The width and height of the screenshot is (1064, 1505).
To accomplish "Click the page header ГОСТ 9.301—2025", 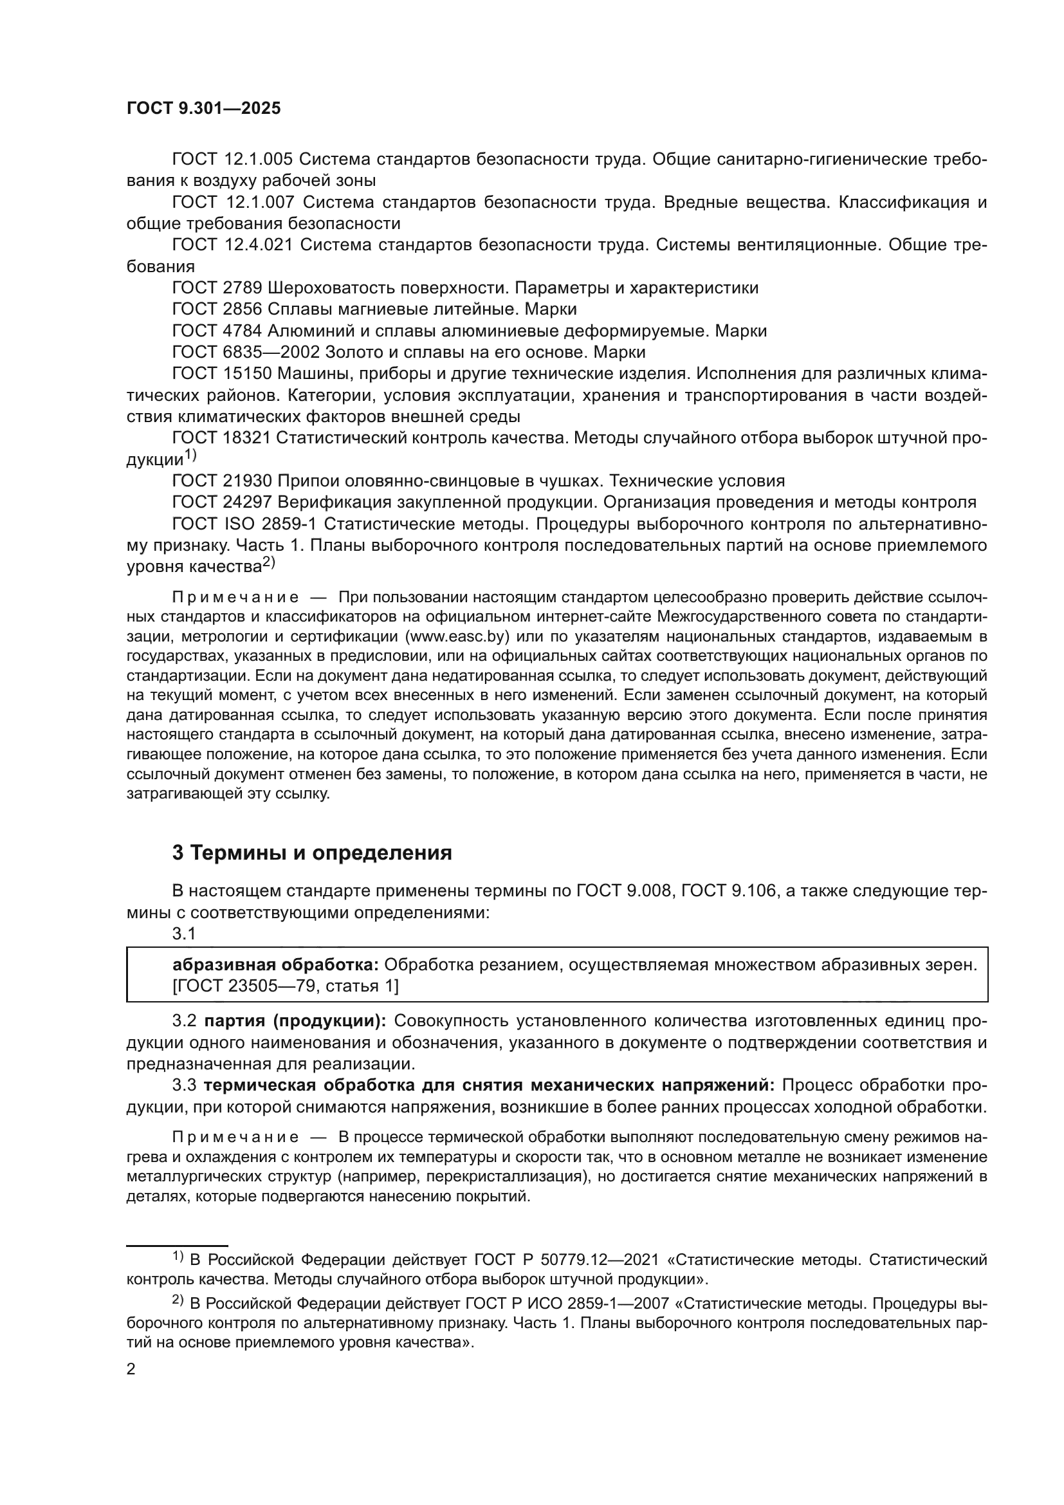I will [203, 108].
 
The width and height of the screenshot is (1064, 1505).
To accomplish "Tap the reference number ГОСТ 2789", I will [217, 288].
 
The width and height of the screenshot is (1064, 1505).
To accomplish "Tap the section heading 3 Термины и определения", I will [312, 853].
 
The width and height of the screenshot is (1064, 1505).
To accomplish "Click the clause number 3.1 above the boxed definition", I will [184, 934].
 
